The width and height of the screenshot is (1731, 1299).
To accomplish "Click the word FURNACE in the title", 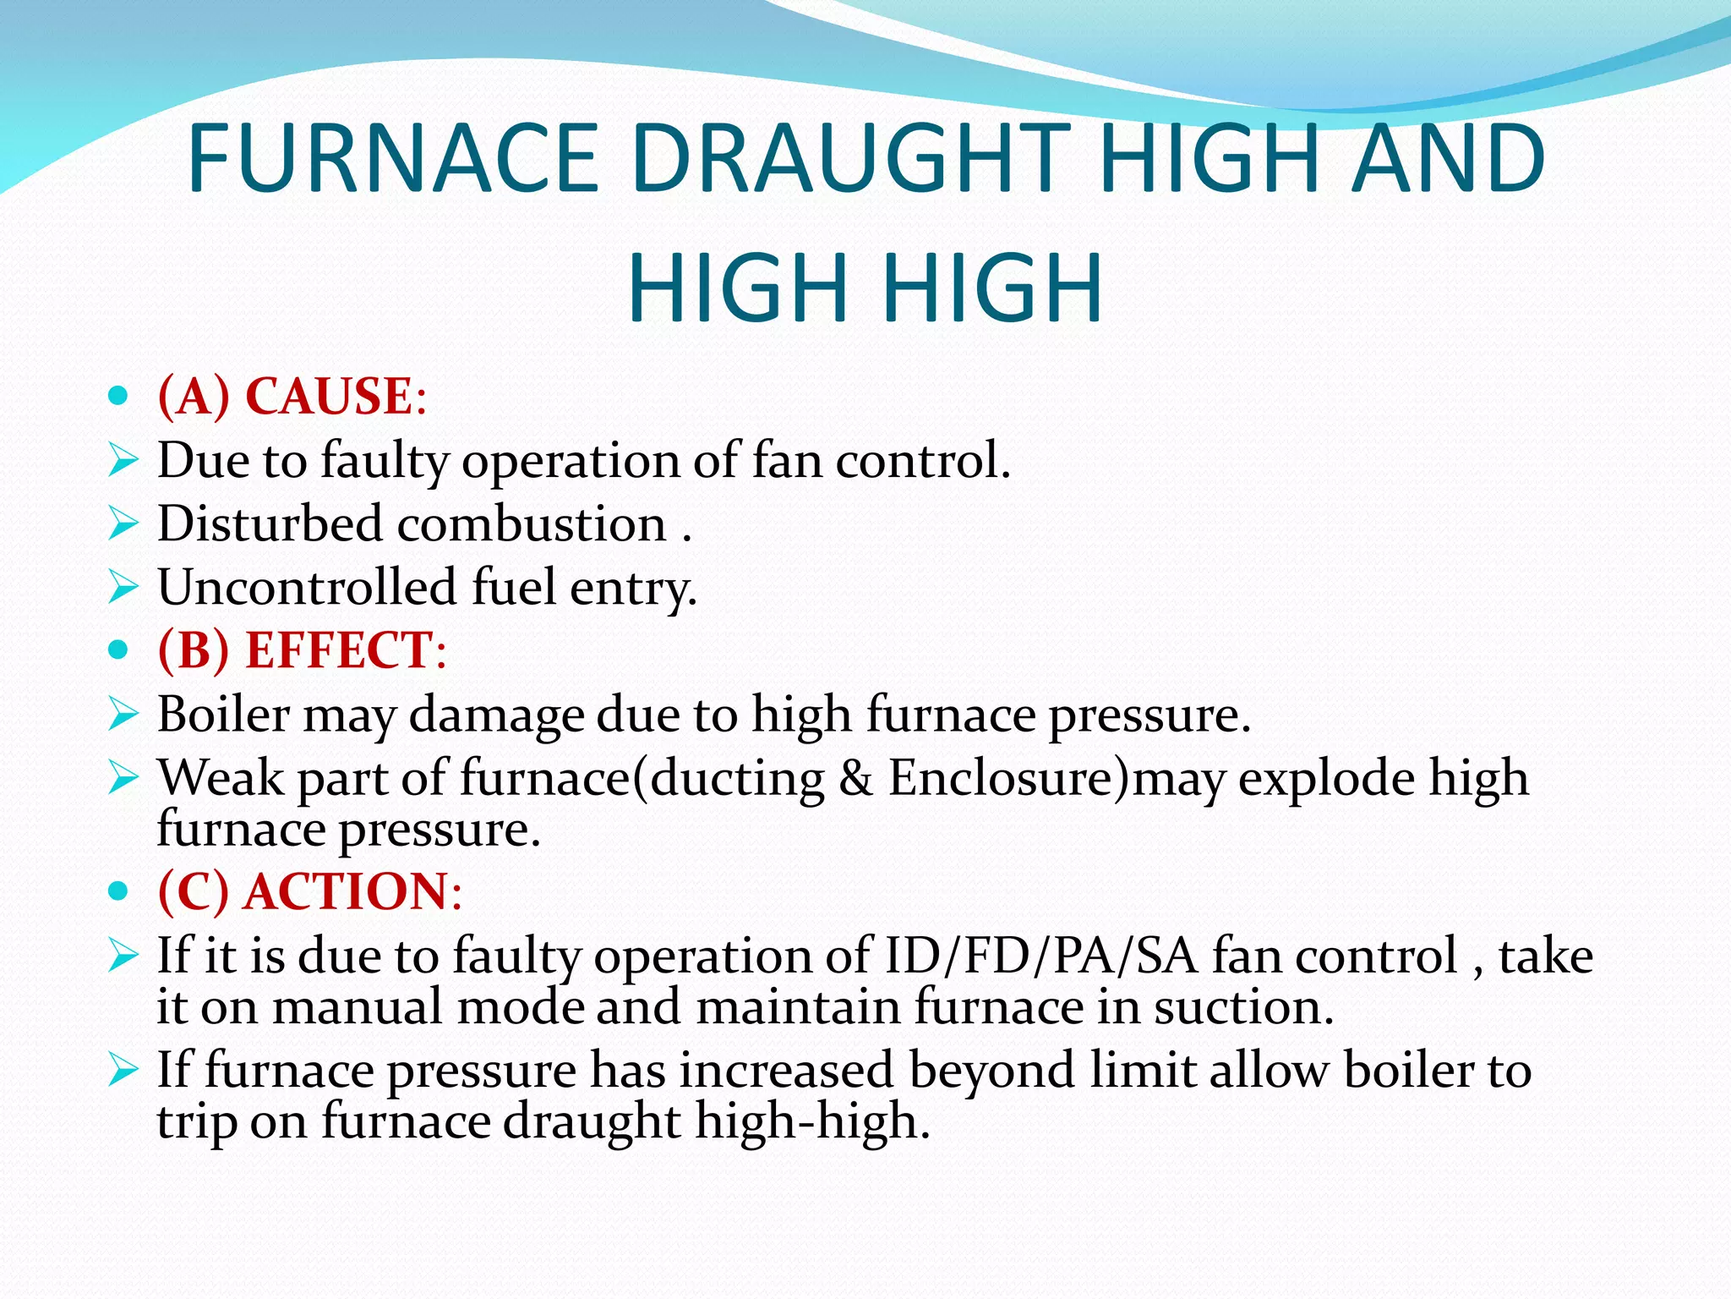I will pos(392,158).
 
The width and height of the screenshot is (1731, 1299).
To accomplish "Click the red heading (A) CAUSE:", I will pos(292,396).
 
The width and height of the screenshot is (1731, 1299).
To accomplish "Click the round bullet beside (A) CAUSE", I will pos(118,396).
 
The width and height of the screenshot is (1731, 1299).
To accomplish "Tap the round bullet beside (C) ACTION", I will pos(118,891).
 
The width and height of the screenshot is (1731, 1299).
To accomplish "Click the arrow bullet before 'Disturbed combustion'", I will pos(123,523).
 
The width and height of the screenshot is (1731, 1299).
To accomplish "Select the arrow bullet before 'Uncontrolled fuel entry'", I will pos(123,587).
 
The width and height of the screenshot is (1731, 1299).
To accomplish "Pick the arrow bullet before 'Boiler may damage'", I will pos(123,715).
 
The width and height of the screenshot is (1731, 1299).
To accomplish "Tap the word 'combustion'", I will pos(532,523).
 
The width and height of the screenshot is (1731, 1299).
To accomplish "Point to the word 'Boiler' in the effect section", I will pos(223,715).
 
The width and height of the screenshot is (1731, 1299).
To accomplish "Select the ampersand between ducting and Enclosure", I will pos(856,778).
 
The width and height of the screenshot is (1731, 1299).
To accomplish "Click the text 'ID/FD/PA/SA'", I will pos(1040,956).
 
